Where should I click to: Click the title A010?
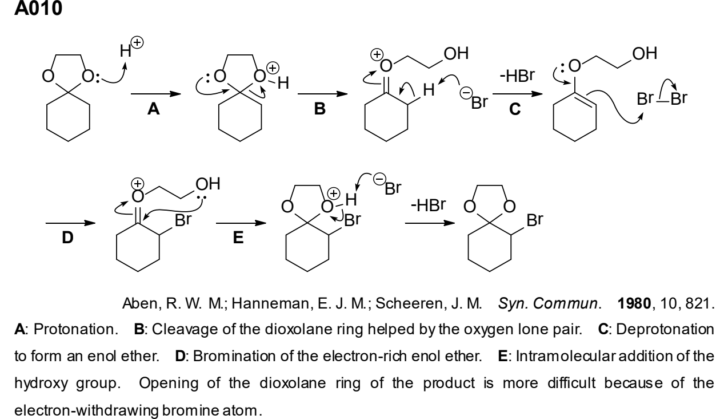pos(38,8)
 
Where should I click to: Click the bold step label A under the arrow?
pos(153,108)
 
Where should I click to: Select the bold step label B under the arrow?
pos(320,108)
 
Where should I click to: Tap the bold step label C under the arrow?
pos(515,109)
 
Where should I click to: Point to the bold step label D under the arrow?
pos(67,238)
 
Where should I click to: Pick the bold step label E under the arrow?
pos(238,238)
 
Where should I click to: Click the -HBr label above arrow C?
pos(517,76)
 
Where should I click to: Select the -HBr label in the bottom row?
pos(429,205)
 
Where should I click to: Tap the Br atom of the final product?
pos(535,220)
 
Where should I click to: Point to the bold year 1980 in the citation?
pos(634,303)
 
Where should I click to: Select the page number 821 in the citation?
pos(699,303)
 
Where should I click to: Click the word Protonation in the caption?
pos(75,330)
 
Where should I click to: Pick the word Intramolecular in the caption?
pos(565,356)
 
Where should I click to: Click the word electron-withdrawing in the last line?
pos(87,410)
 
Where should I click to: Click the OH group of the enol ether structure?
pos(645,53)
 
